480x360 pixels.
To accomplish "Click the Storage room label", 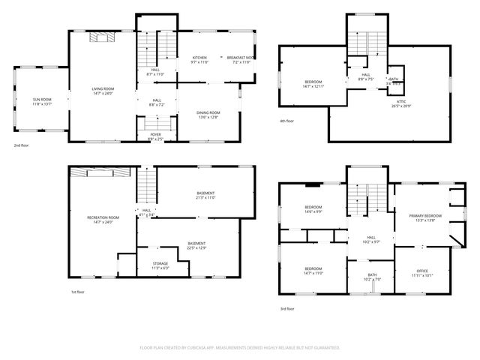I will pyautogui.click(x=160, y=265).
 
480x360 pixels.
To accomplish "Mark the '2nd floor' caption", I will pyautogui.click(x=20, y=145).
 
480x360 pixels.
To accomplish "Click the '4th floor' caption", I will pyautogui.click(x=286, y=121).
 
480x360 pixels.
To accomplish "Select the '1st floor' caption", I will pyautogui.click(x=78, y=292).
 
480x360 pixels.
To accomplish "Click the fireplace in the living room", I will pyautogui.click(x=100, y=36).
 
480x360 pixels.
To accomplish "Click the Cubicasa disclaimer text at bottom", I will pyautogui.click(x=240, y=348).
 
